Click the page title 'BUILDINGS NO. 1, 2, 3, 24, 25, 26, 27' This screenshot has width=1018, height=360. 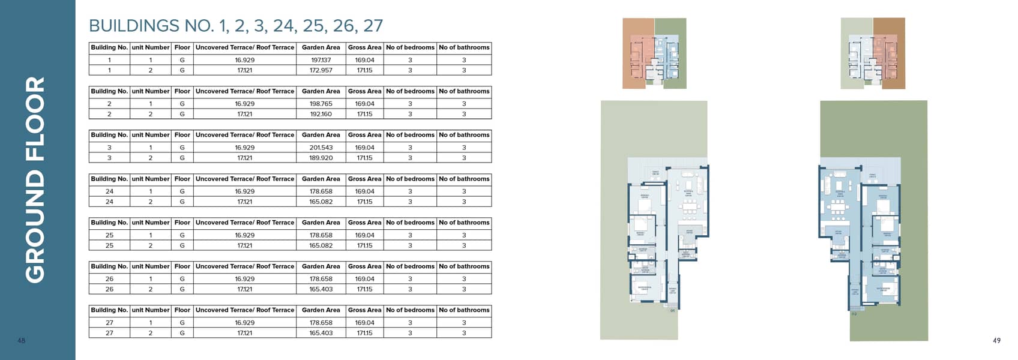[235, 26]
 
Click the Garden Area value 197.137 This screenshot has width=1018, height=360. [321, 60]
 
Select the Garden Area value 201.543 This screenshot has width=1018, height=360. [321, 148]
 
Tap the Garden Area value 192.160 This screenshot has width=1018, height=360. [321, 114]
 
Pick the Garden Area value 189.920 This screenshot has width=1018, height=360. [321, 158]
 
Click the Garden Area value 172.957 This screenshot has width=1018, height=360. [321, 70]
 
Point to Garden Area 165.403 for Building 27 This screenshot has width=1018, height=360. [321, 333]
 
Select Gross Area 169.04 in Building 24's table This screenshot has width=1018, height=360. [364, 191]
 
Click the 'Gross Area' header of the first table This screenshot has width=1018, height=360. [364, 47]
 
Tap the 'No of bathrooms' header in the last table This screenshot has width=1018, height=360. [464, 310]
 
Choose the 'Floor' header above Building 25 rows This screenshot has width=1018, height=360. [182, 223]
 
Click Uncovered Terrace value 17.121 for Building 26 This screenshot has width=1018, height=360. [244, 289]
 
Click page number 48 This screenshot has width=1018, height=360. [22, 341]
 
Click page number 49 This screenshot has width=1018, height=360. [996, 341]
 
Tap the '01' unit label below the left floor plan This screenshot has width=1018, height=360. [672, 311]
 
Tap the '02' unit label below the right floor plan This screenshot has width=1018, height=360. [854, 313]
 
